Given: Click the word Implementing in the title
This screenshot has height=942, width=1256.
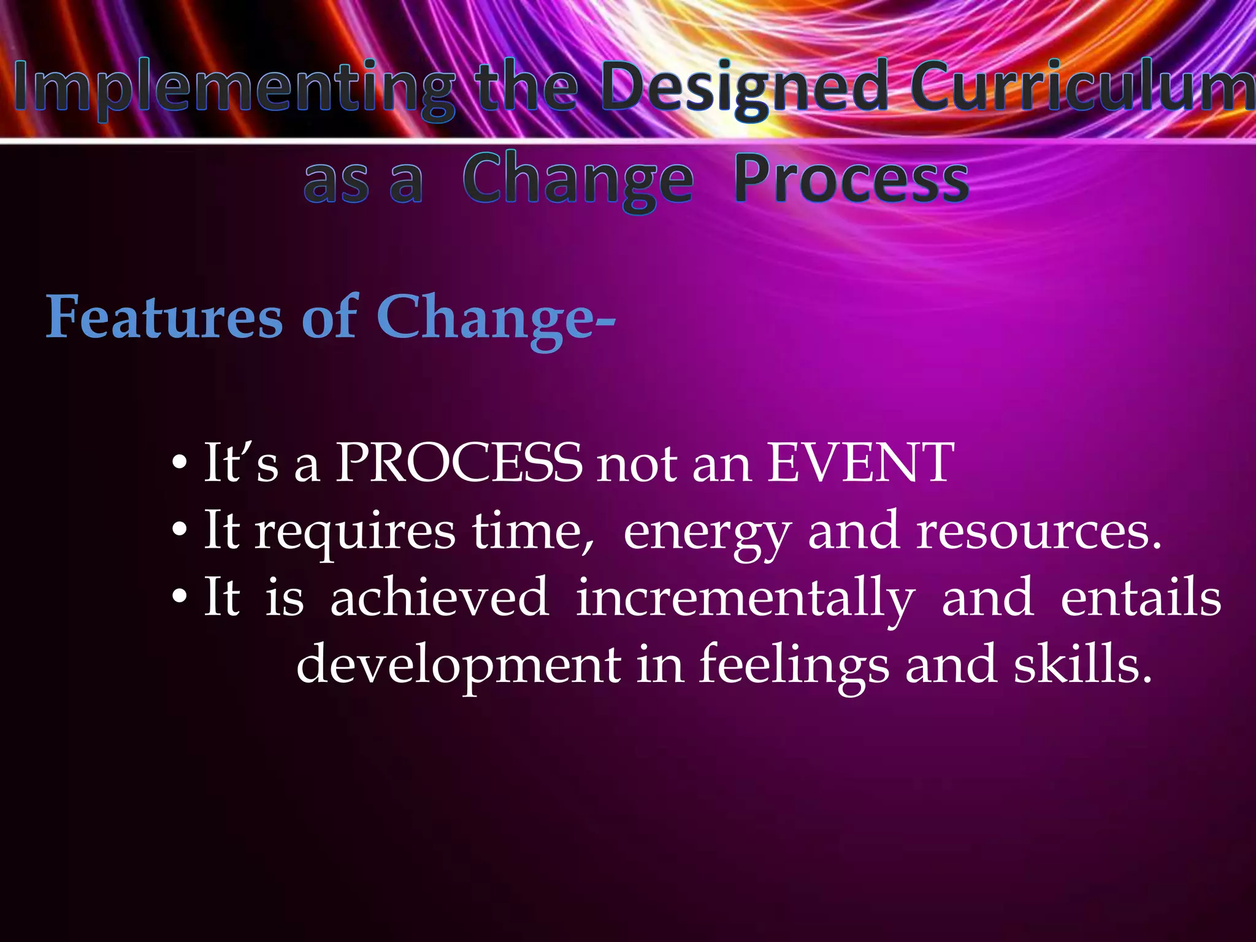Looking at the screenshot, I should tap(233, 89).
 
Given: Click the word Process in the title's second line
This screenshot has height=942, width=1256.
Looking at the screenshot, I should tap(851, 179).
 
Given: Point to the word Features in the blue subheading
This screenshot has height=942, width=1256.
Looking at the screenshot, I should tap(164, 317).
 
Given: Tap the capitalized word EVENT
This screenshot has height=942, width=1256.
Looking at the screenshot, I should tap(861, 464).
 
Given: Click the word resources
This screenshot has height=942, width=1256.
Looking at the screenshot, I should tap(1039, 531).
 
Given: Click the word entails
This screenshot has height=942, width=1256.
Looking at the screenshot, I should tap(1141, 598).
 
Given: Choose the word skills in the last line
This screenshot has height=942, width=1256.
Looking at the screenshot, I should tap(1082, 665).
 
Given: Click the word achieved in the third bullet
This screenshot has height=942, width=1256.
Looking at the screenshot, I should tap(439, 598).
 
